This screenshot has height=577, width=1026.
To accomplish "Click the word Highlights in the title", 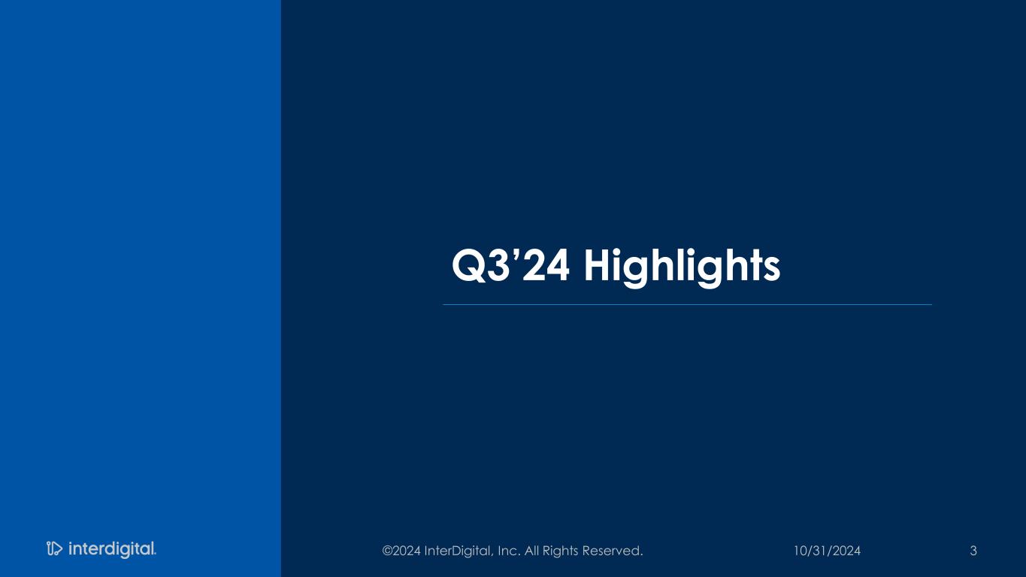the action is (x=682, y=267).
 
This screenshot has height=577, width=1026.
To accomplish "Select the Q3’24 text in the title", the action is (x=510, y=266).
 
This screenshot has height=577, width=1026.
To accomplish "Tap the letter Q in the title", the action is (x=469, y=266).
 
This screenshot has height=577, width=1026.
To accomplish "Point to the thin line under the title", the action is (x=687, y=304).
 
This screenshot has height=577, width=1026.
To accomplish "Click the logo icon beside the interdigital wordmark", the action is (x=54, y=548).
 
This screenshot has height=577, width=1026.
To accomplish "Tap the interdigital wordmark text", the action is (x=112, y=549).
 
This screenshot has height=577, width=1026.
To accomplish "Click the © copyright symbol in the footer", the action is (x=387, y=551).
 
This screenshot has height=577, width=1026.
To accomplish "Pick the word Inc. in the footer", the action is (x=509, y=551).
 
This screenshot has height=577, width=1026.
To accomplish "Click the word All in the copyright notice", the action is (x=531, y=551).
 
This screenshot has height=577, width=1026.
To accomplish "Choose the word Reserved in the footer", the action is (x=610, y=551).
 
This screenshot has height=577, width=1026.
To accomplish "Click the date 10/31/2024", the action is (x=827, y=551).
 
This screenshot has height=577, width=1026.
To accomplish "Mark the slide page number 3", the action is (x=973, y=551).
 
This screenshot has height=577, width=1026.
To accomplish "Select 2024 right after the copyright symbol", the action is (x=407, y=551).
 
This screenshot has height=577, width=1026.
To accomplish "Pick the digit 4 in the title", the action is (x=558, y=266).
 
